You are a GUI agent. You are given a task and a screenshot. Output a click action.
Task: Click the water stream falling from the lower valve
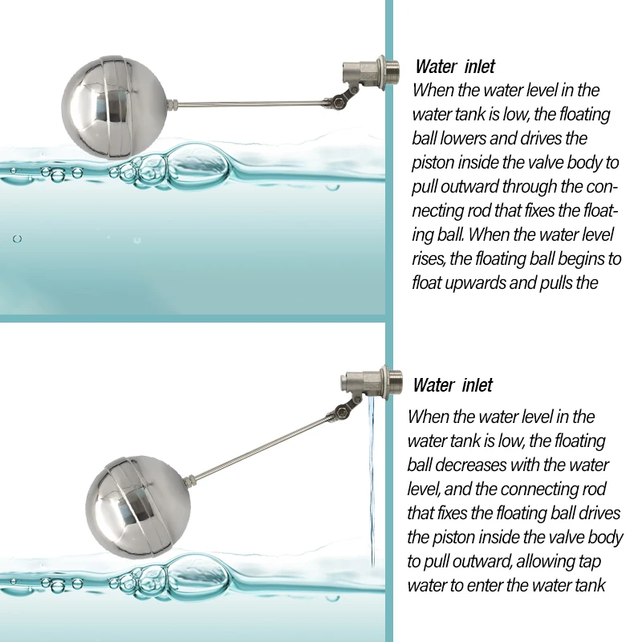[372, 481]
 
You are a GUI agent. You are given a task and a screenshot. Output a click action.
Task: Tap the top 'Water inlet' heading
[455, 67]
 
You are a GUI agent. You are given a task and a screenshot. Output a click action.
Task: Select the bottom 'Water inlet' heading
[453, 385]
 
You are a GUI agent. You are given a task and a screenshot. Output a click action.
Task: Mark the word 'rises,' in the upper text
[428, 258]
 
